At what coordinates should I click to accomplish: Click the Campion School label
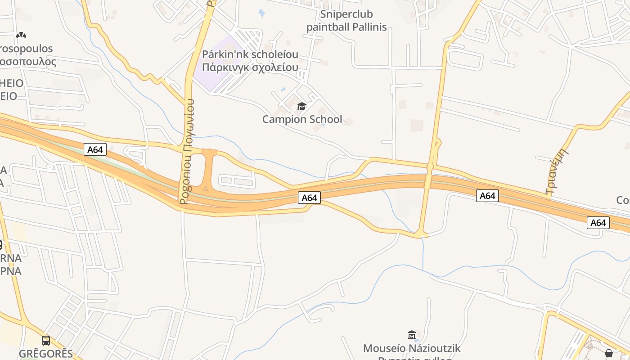(x=302, y=119)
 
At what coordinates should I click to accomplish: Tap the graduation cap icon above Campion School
(x=301, y=107)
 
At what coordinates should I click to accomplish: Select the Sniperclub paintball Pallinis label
(x=346, y=21)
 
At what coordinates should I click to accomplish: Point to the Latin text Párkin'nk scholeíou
(x=250, y=55)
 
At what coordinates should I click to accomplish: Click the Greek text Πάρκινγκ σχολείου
(x=250, y=67)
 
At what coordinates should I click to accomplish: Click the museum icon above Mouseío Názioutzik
(x=411, y=335)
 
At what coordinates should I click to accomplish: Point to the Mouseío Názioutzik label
(x=412, y=348)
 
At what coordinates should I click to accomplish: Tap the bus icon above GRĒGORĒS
(x=45, y=341)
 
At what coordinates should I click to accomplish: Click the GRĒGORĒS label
(x=45, y=354)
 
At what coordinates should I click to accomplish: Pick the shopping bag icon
(x=608, y=353)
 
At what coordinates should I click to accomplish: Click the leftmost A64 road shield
(x=95, y=150)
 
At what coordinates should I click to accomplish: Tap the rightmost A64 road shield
(x=598, y=222)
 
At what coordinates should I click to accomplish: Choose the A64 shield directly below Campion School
(x=309, y=198)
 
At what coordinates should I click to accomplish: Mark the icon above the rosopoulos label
(x=21, y=35)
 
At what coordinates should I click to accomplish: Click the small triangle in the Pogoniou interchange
(x=206, y=189)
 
